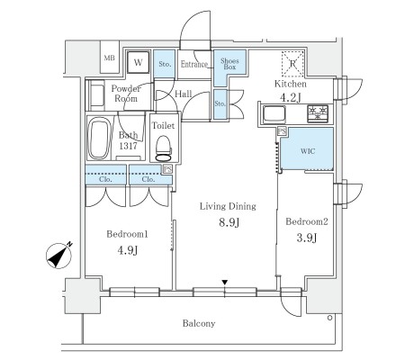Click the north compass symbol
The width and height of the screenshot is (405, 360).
tap(59, 255)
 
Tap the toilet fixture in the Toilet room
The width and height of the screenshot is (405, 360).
tap(163, 148)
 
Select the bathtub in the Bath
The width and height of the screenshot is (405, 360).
tap(99, 138)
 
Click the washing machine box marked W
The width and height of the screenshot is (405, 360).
tap(138, 62)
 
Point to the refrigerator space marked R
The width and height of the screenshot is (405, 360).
tap(292, 64)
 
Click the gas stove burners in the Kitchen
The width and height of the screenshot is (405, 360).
tap(318, 113)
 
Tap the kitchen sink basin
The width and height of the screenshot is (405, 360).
tap(274, 114)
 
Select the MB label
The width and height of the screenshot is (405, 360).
tap(110, 58)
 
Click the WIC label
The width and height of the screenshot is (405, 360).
tap(308, 151)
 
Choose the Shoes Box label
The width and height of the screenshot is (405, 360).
tap(229, 64)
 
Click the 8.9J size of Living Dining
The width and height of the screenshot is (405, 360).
tap(229, 222)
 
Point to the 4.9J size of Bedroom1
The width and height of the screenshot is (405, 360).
tap(128, 250)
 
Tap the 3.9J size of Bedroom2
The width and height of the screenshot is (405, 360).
tap(307, 238)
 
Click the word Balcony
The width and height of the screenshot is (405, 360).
tap(199, 323)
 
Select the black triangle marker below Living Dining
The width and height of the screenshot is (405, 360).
tap(225, 283)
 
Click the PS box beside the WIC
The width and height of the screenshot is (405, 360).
tap(282, 131)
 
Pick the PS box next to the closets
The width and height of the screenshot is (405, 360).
tap(167, 169)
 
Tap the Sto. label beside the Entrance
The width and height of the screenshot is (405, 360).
tap(165, 64)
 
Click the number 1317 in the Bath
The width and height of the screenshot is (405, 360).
tap(128, 146)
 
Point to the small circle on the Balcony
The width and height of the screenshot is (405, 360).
tap(329, 318)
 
